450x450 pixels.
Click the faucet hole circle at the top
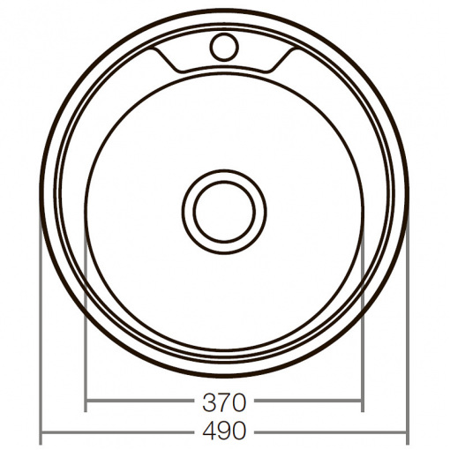tap(210, 47)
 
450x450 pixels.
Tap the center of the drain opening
tap(224, 212)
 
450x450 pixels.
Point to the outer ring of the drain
tap(183, 212)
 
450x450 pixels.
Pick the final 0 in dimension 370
tap(238, 402)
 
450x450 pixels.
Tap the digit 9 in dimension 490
tap(224, 431)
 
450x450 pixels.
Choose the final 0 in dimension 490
tap(238, 431)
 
